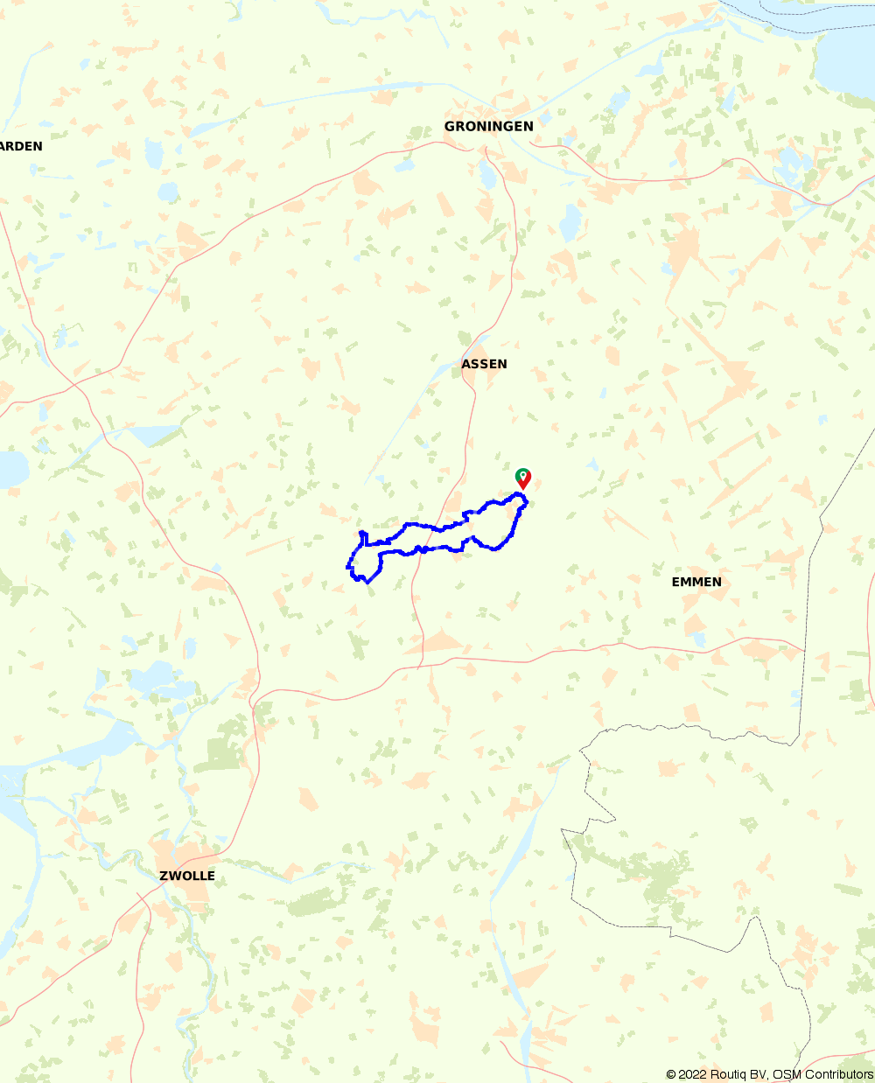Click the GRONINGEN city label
coord(488,127)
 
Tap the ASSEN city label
coord(484,364)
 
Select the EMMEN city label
coord(696,582)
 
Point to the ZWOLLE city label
coord(187,876)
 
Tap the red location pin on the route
coord(523,479)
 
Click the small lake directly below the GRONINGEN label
coord(488,178)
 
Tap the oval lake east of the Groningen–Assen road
coord(570,224)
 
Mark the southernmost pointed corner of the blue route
coord(368,582)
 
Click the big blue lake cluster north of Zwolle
coord(150,678)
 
